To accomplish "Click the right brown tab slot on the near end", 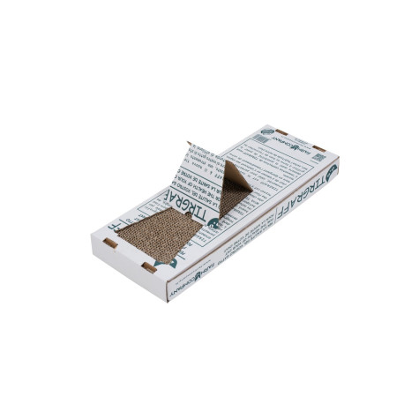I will (149, 266).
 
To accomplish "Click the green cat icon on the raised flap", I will (213, 223).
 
